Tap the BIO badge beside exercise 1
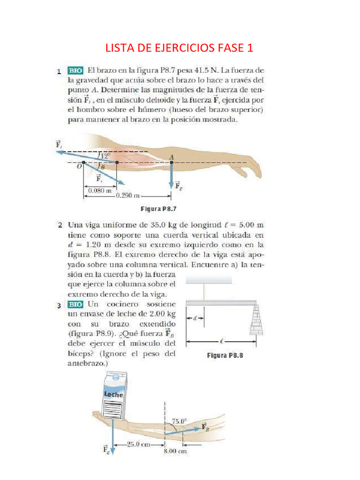[75, 71]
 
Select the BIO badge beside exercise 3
[75, 305]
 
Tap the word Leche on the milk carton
[113, 394]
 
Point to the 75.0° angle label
[179, 421]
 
